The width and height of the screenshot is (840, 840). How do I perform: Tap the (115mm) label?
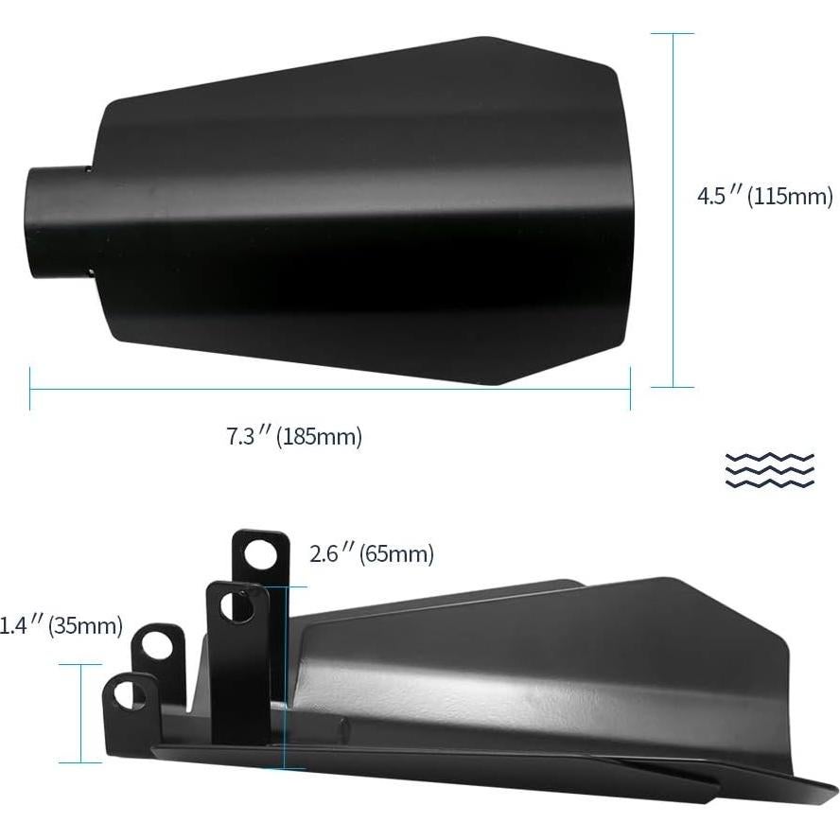click(x=791, y=197)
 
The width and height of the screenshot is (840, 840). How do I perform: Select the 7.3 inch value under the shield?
click(x=248, y=437)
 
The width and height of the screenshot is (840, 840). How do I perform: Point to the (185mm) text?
click(x=320, y=437)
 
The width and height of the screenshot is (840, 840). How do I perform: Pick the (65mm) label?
click(x=396, y=553)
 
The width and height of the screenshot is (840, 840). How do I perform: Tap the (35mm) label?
click(x=85, y=625)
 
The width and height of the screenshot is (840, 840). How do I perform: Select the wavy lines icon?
click(x=769, y=469)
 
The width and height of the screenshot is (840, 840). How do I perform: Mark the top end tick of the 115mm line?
click(x=673, y=34)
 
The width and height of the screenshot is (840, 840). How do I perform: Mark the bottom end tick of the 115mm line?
click(x=673, y=387)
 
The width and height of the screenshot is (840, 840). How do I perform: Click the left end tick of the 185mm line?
click(x=30, y=388)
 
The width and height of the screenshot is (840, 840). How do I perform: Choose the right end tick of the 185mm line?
click(x=630, y=388)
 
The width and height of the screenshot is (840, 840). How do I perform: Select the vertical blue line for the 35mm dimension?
click(x=80, y=713)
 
